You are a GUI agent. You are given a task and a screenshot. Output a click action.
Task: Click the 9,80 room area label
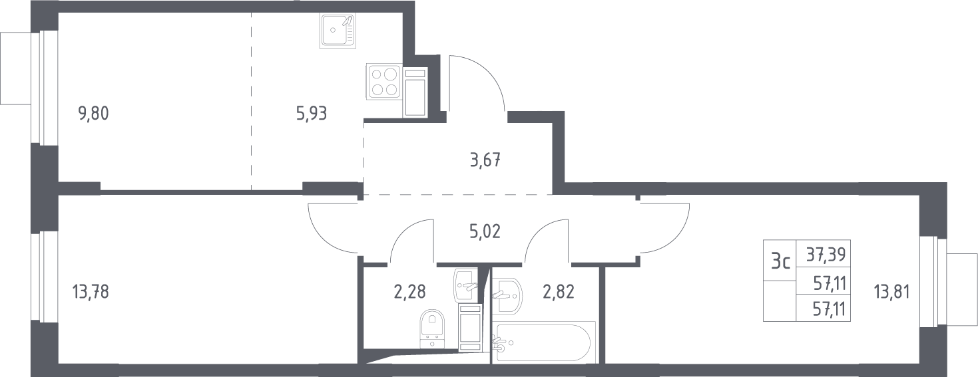93,114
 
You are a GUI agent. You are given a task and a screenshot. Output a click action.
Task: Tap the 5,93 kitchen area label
312,114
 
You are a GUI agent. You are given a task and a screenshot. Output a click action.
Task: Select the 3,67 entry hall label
485,160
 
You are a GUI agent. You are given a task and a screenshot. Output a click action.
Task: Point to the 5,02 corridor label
485,231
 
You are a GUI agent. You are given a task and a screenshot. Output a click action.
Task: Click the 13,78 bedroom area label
91,292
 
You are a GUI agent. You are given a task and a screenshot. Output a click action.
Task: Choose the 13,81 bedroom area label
892,292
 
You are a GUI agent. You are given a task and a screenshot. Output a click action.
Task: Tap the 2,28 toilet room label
409,292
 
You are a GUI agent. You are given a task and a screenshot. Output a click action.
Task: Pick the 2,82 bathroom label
559,292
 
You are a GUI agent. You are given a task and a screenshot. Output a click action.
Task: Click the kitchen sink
338,30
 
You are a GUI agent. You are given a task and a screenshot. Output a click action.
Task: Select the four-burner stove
384,82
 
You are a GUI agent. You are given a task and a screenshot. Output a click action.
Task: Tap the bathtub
544,342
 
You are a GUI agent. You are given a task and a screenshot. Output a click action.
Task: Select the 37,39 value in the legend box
824,254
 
